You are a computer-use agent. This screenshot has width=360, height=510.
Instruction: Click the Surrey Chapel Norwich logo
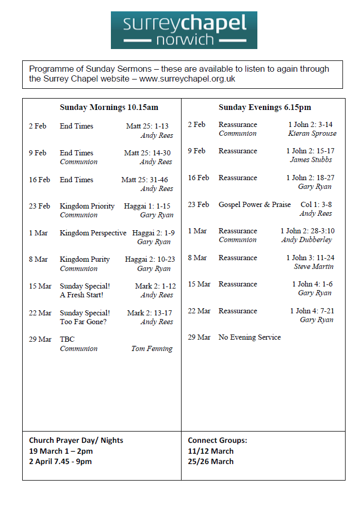[184, 30]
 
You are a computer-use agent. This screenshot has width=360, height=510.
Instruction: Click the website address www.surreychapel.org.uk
[187, 79]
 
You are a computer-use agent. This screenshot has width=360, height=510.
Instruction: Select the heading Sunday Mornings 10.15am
[109, 108]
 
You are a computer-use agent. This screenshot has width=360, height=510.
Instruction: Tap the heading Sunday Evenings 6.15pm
[265, 108]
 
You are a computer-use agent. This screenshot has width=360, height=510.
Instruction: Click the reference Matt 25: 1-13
[147, 126]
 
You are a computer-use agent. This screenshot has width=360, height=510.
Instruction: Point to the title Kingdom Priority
[87, 206]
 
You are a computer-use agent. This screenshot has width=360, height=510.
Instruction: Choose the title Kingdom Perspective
[93, 233]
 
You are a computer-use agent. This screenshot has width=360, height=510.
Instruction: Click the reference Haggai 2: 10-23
[150, 260]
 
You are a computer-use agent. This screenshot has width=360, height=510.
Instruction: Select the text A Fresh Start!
[81, 295]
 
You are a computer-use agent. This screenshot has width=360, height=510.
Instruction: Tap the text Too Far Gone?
[83, 322]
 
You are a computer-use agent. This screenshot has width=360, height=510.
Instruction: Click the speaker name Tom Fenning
[152, 349]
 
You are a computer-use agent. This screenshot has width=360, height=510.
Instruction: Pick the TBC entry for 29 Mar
[67, 340]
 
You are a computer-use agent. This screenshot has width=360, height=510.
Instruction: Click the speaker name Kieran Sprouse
[312, 134]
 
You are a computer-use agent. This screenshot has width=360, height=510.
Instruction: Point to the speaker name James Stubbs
[310, 160]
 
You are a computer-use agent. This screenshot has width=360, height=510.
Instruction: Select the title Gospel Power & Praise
[255, 205]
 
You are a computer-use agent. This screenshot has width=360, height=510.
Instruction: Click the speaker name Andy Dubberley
[306, 240]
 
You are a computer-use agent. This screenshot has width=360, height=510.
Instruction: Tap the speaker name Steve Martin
[314, 267]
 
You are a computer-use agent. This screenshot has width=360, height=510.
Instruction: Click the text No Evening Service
[250, 338]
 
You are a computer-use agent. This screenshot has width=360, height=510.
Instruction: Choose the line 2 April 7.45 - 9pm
[60, 461]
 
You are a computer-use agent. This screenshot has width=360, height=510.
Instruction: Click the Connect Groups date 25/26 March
[210, 461]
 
